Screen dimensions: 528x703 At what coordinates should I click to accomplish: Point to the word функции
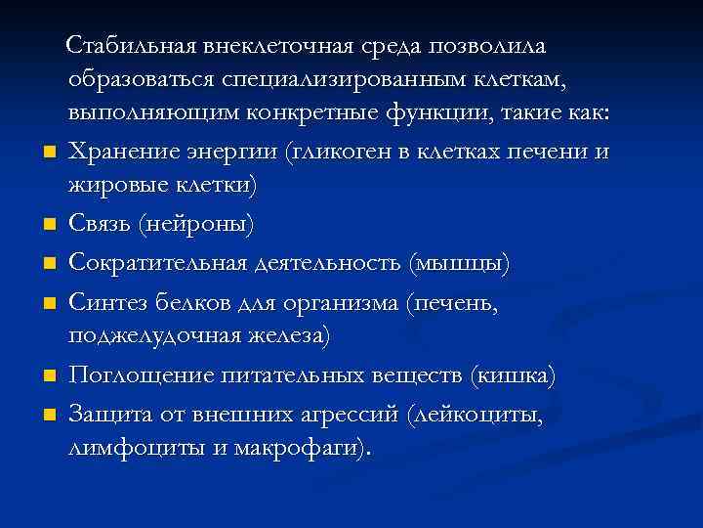tap(465, 114)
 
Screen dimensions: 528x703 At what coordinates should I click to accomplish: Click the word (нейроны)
tap(198, 225)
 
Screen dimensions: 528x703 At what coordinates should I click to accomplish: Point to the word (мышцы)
tap(458, 265)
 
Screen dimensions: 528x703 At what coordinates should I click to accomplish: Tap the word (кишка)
tap(514, 376)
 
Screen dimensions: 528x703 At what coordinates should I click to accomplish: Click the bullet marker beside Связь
tap(48, 226)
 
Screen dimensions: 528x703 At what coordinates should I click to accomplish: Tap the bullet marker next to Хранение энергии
tap(48, 153)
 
